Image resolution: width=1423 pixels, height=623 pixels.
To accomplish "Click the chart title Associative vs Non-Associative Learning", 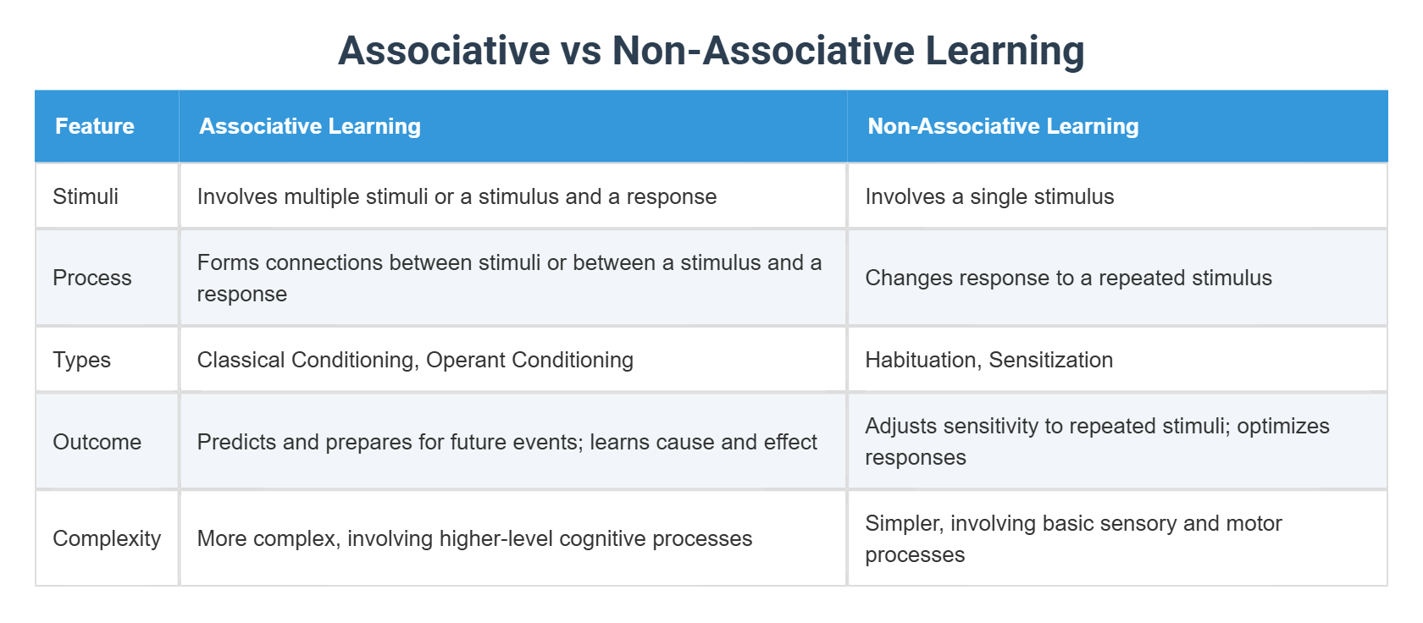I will coord(711,50).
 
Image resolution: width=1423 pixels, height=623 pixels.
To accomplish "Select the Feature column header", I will coord(95,126).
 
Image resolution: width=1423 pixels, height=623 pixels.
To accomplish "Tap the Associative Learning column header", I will coord(310,126).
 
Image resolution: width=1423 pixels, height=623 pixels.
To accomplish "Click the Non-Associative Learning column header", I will coord(1003,126).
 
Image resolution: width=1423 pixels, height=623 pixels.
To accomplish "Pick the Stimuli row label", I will coord(86,196).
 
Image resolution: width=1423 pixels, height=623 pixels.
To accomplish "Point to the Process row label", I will coord(92,278).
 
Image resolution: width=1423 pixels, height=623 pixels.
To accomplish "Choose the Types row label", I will coord(82,360).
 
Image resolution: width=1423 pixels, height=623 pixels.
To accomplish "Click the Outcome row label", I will coord(97,442).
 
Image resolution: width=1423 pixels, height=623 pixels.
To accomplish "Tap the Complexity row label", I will coord(107,538).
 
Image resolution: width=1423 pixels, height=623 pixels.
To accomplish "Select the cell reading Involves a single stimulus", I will coord(989,196).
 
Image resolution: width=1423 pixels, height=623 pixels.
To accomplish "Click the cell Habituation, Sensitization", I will coord(988,360).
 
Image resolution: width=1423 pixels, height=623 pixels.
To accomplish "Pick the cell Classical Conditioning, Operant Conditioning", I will coord(415,360).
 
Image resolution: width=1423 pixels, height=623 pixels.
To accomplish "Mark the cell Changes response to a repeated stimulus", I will coord(1068,278).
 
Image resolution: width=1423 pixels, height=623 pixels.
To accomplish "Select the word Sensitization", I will coord(1051,360).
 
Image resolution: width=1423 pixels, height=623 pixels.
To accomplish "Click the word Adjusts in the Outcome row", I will coord(900,426).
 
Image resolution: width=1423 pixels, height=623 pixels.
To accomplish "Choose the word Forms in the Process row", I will coord(228,262).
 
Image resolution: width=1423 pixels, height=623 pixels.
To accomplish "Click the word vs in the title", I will coord(580,50).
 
